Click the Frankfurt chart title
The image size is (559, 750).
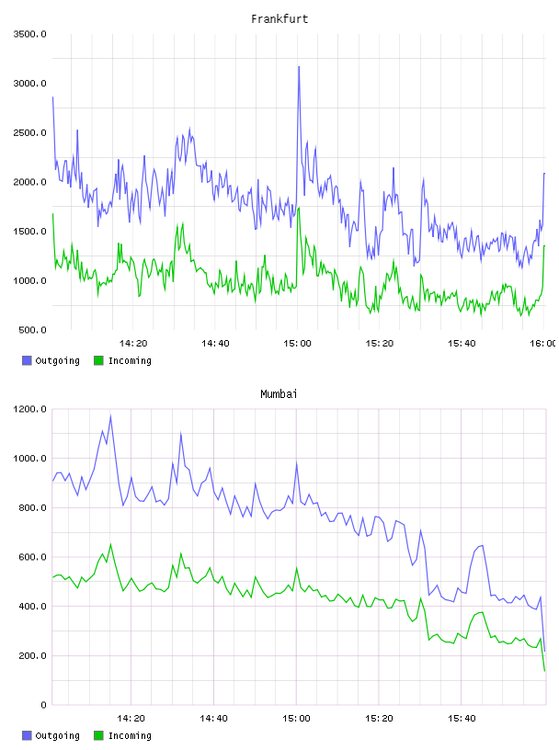279,19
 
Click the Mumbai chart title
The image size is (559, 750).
279,394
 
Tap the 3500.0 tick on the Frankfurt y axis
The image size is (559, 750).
29,34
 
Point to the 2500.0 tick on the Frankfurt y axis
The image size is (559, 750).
29,132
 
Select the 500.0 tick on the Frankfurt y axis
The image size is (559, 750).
32,330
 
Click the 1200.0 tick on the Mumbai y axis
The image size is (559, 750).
29,409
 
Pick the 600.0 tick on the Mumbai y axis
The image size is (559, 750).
32,557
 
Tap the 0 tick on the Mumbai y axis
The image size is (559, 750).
43,705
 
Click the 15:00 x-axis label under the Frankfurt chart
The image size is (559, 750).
297,344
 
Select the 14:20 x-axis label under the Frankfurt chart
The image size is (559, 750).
133,344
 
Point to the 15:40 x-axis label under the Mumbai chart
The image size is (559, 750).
462,719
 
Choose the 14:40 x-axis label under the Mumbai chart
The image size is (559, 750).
213,719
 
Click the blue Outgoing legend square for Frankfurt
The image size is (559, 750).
27,360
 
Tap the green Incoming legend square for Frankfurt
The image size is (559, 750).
98,360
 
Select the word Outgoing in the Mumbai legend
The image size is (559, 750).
57,735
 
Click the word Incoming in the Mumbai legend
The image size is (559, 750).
130,735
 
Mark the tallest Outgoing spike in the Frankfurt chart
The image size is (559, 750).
299,67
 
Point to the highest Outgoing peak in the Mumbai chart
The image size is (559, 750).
110,416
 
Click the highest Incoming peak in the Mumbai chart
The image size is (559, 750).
110,544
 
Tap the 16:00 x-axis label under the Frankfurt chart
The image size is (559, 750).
542,344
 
